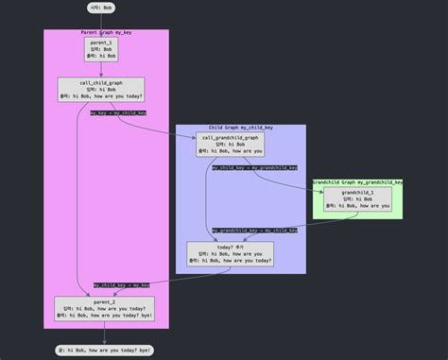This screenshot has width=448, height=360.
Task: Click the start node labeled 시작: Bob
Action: (101, 8)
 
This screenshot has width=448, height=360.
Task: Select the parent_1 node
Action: (101, 49)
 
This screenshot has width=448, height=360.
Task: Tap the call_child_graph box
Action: (101, 89)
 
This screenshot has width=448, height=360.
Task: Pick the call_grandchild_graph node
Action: (230, 144)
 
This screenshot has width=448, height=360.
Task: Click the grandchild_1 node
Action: (357, 198)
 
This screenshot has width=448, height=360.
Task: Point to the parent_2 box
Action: (104, 309)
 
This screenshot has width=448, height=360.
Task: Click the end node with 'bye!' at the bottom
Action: (104, 350)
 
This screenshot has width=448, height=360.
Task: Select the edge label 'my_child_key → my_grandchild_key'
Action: (255, 168)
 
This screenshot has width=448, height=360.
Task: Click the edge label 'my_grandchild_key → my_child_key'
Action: (255, 230)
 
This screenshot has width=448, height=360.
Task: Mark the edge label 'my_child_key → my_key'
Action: (122, 284)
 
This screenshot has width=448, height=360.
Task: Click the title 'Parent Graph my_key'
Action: (106, 33)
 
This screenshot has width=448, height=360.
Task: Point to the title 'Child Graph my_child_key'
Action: (241, 128)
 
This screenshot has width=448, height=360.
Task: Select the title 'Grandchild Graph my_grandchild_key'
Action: (357, 181)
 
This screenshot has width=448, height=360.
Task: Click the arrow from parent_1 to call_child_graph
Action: (101, 70)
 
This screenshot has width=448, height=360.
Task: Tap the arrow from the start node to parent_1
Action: (101, 26)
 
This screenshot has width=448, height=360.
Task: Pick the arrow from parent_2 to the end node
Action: (104, 333)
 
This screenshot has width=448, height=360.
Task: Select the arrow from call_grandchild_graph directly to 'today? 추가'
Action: (210, 198)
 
